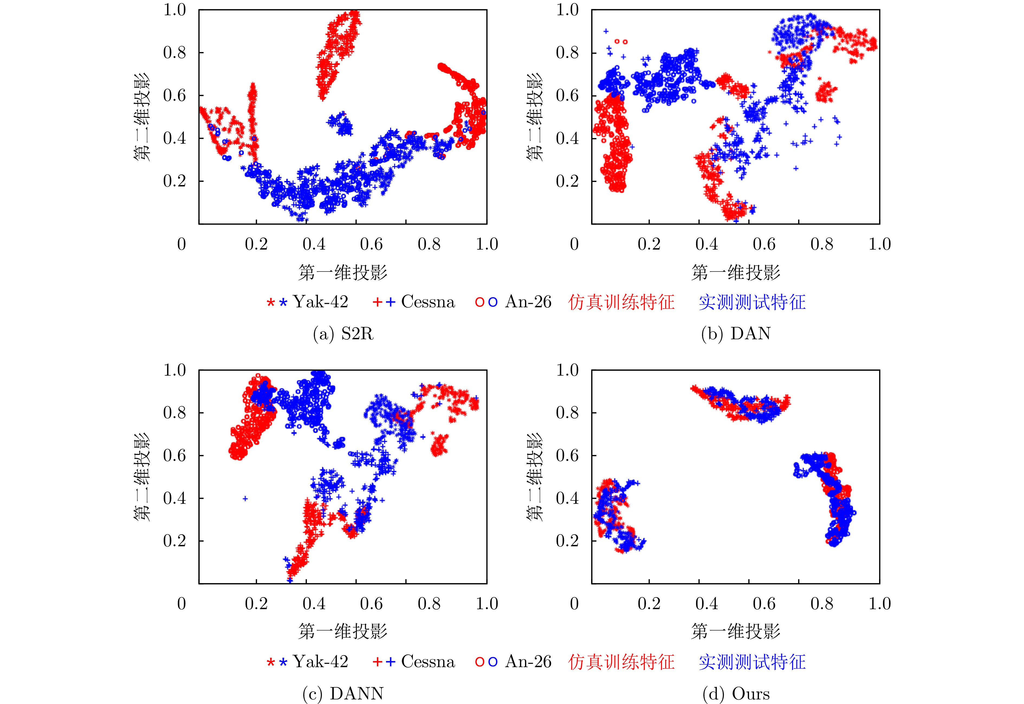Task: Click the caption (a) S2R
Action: [x=343, y=334]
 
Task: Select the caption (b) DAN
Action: [x=735, y=334]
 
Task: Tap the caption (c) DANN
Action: [x=343, y=694]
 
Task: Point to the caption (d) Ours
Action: [x=735, y=694]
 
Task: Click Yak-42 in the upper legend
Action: [x=320, y=302]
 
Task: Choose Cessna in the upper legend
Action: [x=428, y=302]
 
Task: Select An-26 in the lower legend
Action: [x=528, y=662]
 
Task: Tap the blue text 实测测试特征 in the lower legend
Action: [x=752, y=662]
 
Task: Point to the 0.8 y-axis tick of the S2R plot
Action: [x=175, y=53]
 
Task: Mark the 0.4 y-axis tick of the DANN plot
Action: [x=175, y=498]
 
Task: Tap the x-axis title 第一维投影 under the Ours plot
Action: [x=735, y=631]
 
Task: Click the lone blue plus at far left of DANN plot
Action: [x=245, y=498]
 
